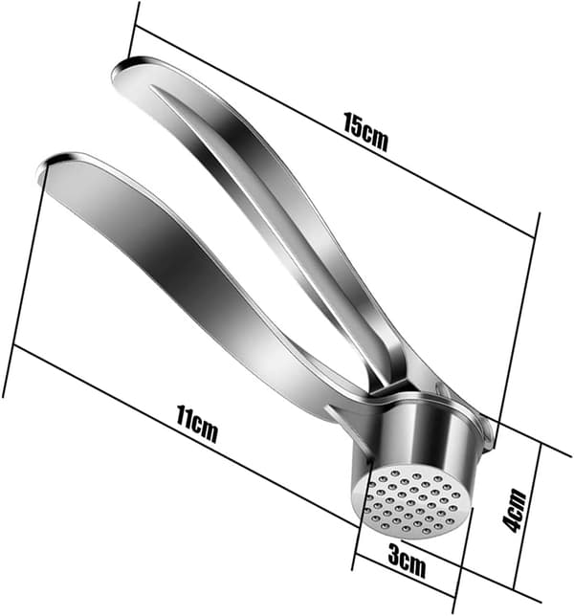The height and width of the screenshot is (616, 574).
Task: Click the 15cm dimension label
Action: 365,132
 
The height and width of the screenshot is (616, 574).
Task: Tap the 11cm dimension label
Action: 196,425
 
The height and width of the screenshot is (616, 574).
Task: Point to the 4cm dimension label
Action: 515,510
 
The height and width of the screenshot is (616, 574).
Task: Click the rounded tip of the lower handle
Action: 53,165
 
